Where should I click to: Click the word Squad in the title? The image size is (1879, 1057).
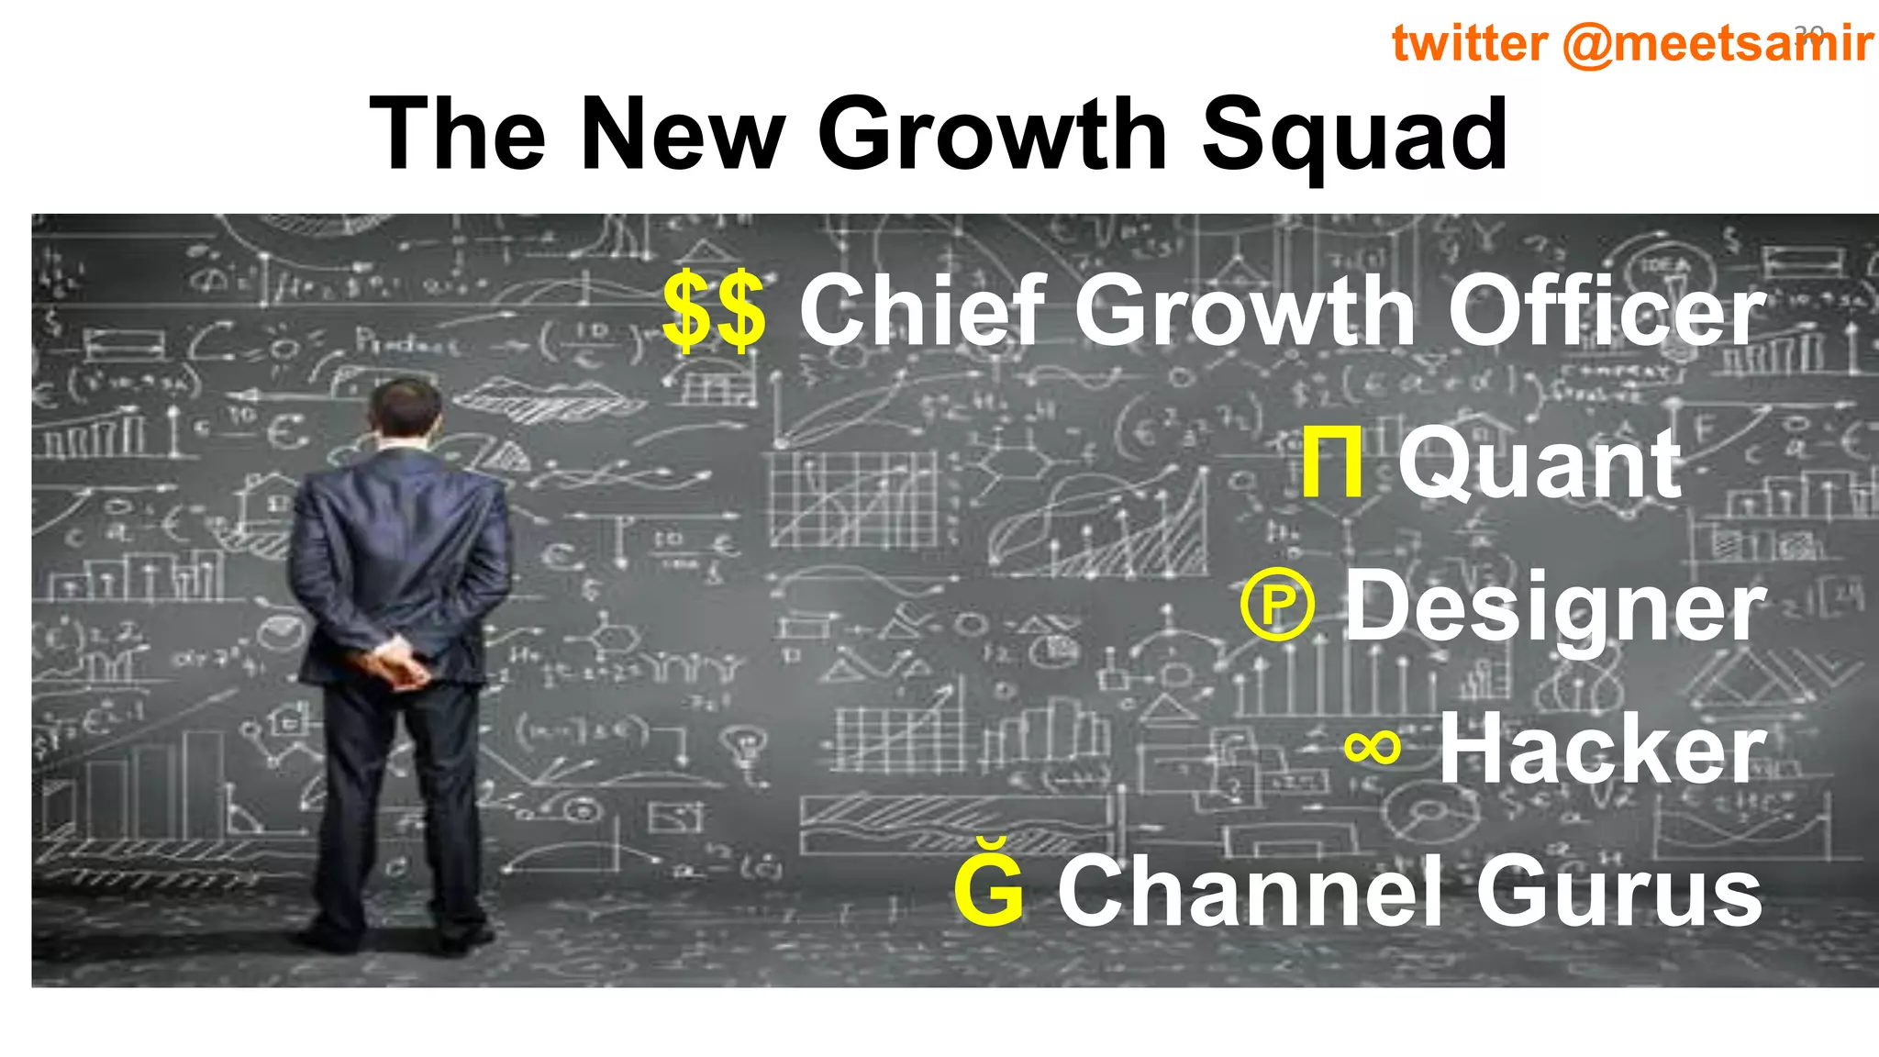point(1354,136)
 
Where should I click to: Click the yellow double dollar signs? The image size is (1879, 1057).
point(714,311)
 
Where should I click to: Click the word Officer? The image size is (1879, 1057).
point(1606,311)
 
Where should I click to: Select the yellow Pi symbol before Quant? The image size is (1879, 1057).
point(1331,463)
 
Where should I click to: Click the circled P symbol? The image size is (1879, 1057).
point(1277,605)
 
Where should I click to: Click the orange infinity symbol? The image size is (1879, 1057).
point(1373,747)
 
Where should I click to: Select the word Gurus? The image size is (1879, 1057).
point(1619,890)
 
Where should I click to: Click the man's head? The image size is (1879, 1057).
point(404,409)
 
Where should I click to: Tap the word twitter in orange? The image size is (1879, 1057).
point(1469,43)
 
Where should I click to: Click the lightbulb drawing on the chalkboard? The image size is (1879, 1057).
point(749,743)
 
